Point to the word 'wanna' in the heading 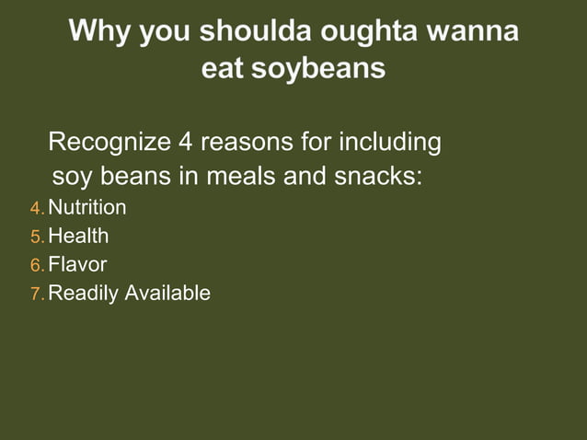coord(478,32)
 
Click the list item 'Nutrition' coord(87,208)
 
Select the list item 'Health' coord(78,237)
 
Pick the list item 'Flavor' coord(77,265)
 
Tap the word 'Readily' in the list coord(84,294)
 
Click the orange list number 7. coord(37,295)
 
